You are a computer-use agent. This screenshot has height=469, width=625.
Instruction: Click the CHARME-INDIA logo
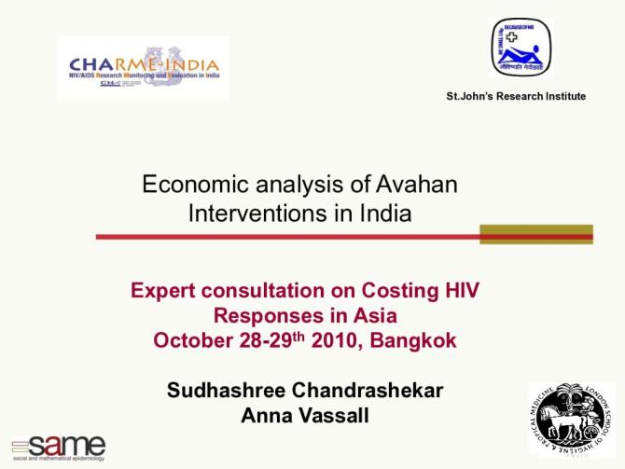(x=143, y=67)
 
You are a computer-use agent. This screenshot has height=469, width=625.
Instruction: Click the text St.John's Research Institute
(x=516, y=96)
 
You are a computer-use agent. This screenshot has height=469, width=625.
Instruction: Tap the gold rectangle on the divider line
(x=535, y=235)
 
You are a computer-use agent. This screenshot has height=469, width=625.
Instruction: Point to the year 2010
(x=339, y=340)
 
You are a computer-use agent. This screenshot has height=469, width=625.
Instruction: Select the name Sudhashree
(x=228, y=391)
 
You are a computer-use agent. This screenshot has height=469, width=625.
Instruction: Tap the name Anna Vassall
(x=304, y=416)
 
